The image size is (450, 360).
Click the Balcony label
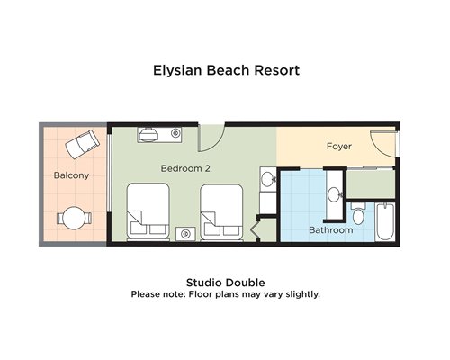[x=71, y=175]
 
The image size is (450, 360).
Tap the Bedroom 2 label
[x=185, y=168]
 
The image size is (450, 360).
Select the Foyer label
[x=339, y=147]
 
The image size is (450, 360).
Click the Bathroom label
[x=331, y=230]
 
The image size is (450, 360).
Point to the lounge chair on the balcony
[x=83, y=144]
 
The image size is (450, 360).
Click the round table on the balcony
[x=74, y=218]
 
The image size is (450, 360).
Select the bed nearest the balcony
[x=148, y=211]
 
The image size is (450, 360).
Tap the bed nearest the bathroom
[x=221, y=212]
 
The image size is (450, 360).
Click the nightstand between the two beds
[x=185, y=234]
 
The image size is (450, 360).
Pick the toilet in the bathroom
[x=358, y=213]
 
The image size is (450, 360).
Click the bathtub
[x=385, y=221]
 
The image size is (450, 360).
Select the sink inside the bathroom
[x=334, y=194]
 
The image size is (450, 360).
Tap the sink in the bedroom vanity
[x=267, y=179]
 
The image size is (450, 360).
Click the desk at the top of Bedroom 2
[x=160, y=134]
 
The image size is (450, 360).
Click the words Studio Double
[x=226, y=283]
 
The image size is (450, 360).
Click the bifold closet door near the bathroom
[x=254, y=229]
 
